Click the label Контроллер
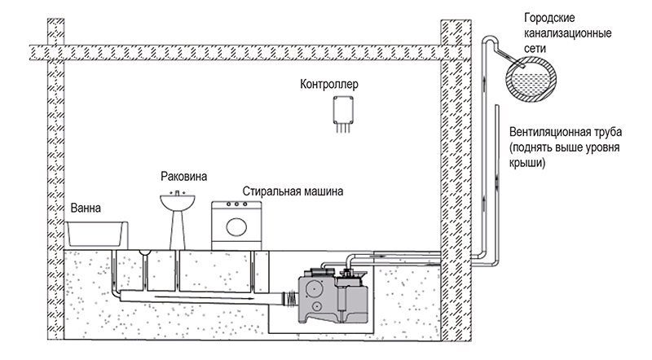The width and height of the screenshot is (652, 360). coord(329,85)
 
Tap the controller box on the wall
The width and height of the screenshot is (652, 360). coord(343,110)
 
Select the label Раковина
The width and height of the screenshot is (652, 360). coord(184,177)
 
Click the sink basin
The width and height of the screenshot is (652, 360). coord(178,203)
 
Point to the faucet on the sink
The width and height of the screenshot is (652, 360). coord(178,192)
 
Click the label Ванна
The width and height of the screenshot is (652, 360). coord(86,208)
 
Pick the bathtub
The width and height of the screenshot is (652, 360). coord(96,234)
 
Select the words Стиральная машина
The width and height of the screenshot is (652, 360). coord(293,191)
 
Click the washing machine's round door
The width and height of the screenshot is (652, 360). coord(236,227)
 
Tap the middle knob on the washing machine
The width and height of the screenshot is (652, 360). coord(236,204)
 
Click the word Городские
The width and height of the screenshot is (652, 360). coord(549,18)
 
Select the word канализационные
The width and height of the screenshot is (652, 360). coord(567,33)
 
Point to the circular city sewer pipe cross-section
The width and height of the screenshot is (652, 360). coord(531,79)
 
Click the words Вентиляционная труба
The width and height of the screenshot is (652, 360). coord(566,132)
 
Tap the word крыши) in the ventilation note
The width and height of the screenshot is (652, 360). coord(526,163)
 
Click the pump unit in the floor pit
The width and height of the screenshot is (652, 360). coord(333,296)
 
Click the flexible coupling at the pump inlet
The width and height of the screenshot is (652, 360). coord(292,297)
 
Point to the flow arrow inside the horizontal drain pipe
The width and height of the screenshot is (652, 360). coord(205,297)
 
